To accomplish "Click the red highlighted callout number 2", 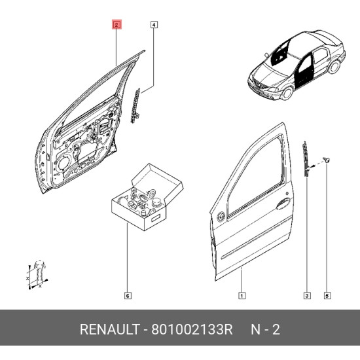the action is click(x=117, y=25).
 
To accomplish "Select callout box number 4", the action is click(x=154, y=25).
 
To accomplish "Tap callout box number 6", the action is click(x=128, y=295).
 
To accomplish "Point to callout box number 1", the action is click(x=242, y=295).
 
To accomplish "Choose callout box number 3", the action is click(x=307, y=295).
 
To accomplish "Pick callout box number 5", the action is click(x=327, y=295).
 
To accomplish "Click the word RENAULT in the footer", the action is click(x=110, y=329).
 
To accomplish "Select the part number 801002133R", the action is click(x=192, y=329).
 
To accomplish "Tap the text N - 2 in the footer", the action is click(x=265, y=329).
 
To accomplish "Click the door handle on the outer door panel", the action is click(x=283, y=204).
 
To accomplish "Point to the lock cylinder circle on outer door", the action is click(x=221, y=217).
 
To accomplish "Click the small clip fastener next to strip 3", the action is click(x=326, y=159).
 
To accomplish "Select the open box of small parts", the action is click(x=147, y=197).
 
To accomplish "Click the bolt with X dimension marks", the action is click(x=39, y=274).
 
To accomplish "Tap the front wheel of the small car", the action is click(x=287, y=92).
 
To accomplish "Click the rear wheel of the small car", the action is click(x=334, y=66).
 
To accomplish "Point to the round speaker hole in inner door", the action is click(x=63, y=164).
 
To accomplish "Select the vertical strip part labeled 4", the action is click(x=135, y=105).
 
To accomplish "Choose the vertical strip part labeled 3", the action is click(x=306, y=159).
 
